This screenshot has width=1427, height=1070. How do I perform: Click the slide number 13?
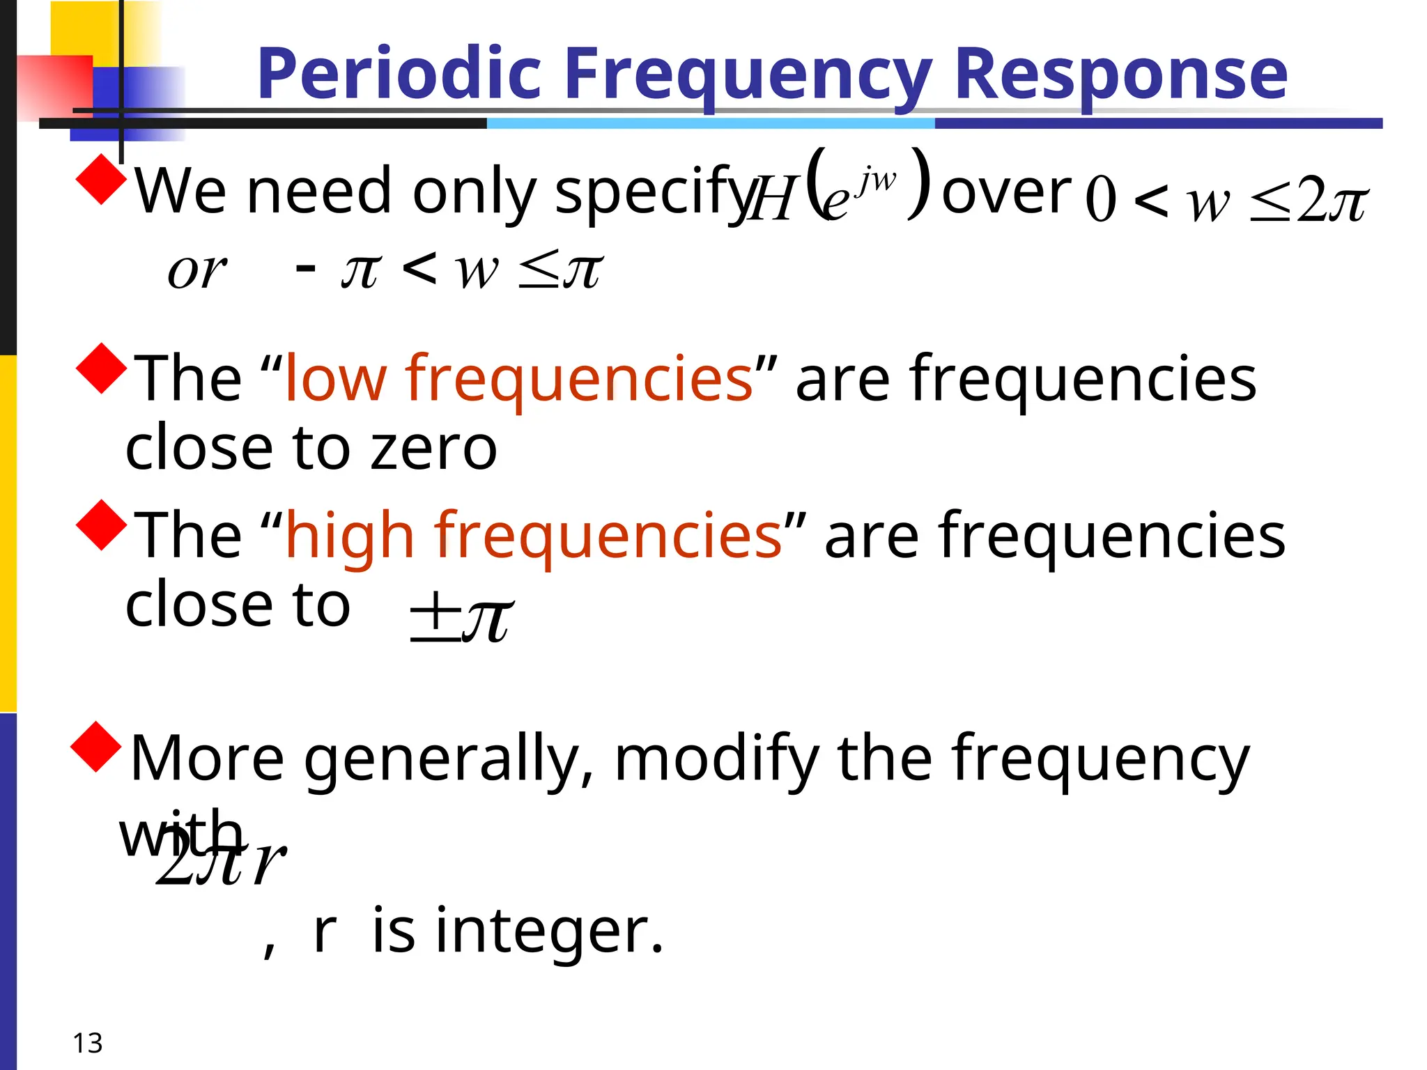click(87, 1044)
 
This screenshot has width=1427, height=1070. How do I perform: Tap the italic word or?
click(196, 270)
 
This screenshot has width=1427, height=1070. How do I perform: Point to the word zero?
click(433, 448)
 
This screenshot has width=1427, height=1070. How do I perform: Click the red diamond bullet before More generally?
click(97, 747)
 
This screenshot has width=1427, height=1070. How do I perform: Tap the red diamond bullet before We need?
click(102, 179)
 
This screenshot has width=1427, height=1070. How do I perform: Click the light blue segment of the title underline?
click(711, 123)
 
